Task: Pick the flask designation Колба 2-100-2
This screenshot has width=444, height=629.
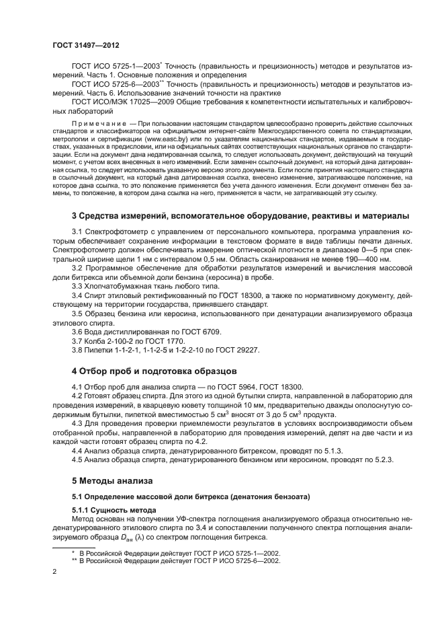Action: (118, 341)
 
